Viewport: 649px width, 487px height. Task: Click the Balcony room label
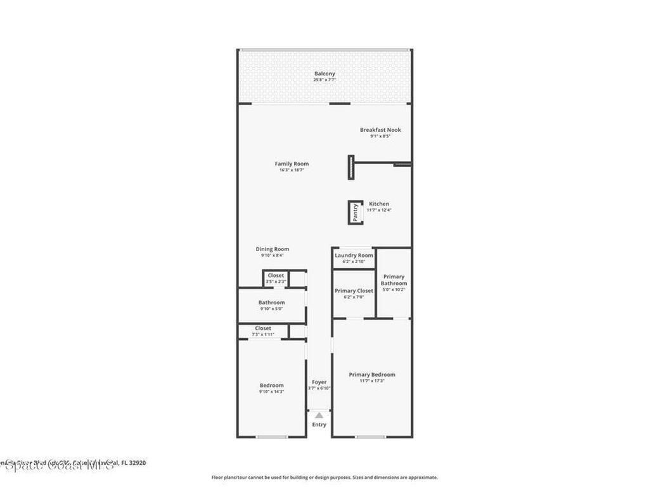324,74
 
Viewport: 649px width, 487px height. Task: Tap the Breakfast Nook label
380,130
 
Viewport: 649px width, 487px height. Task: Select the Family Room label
292,164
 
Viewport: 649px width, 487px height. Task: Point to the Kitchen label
379,204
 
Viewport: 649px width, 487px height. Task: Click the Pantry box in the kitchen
356,212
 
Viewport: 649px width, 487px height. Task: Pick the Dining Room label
273,249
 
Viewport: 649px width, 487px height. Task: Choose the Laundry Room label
354,255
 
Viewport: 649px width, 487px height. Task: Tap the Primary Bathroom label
394,280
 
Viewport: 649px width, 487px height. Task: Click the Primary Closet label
354,290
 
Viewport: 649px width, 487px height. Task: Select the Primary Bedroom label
371,374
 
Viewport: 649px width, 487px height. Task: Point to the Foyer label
319,382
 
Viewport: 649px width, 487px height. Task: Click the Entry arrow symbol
319,414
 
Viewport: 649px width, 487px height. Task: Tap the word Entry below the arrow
319,424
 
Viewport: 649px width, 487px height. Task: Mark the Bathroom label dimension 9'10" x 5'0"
271,309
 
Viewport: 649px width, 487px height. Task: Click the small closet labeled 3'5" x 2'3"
276,278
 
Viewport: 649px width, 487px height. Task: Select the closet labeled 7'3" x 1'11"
263,331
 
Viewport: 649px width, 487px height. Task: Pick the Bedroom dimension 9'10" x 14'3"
271,392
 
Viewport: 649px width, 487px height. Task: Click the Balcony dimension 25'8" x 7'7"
324,80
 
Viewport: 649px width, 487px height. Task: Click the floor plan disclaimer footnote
324,477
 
